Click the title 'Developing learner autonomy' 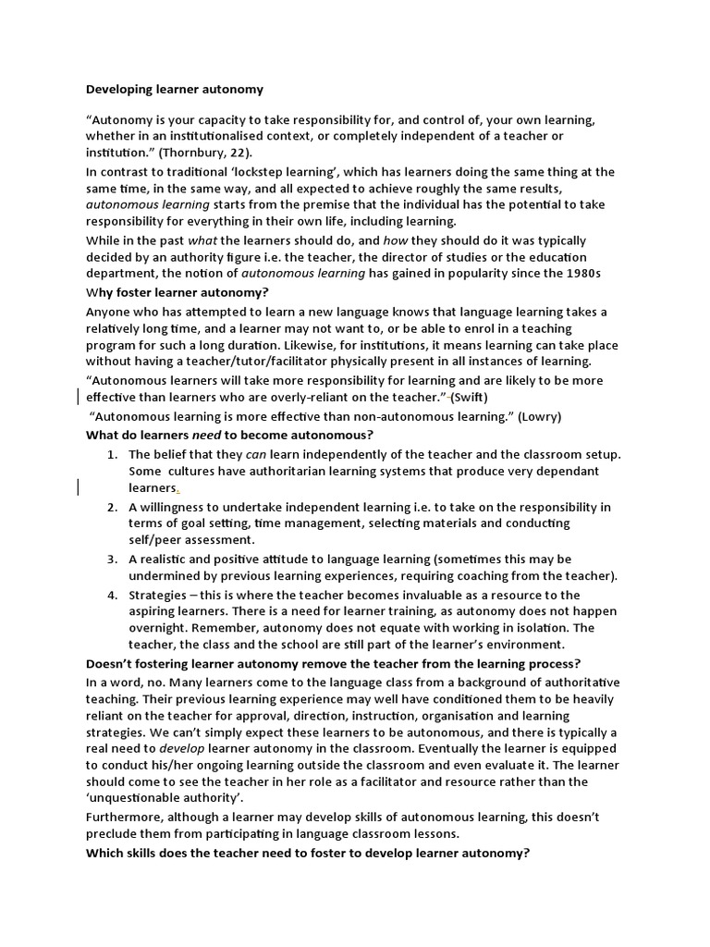click(x=175, y=90)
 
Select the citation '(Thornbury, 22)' click(x=204, y=153)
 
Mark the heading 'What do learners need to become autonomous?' click(x=242, y=435)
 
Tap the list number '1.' click(x=111, y=454)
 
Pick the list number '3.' click(x=111, y=560)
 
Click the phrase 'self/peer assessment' click(x=190, y=539)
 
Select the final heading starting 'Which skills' click(x=308, y=854)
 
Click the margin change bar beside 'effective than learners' click(x=76, y=397)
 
